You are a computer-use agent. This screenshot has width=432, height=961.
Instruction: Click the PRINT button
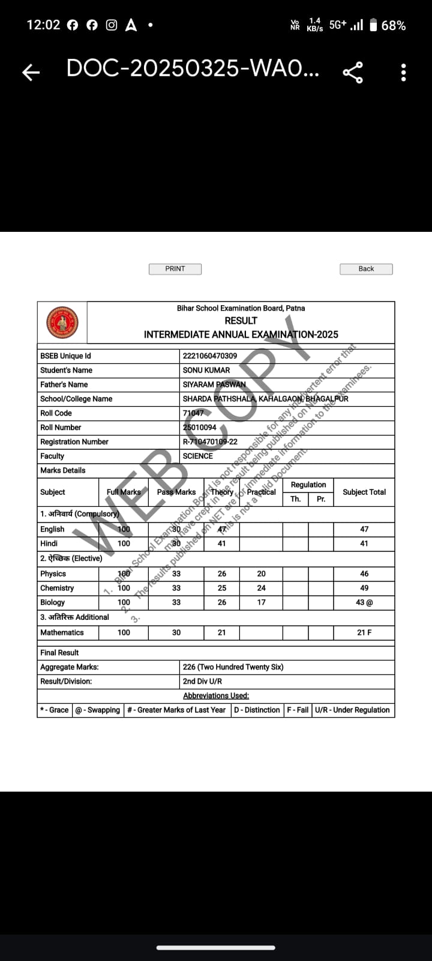(175, 269)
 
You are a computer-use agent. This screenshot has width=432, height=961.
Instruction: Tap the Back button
(366, 269)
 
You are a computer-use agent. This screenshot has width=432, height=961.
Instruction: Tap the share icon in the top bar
(353, 72)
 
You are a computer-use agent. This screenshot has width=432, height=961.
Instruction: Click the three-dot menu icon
(403, 72)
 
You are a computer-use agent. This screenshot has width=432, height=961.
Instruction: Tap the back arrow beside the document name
(31, 73)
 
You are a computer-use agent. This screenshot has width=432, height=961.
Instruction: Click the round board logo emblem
(62, 323)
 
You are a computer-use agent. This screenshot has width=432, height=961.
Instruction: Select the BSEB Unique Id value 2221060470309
(210, 356)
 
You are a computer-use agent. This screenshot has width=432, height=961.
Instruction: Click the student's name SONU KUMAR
(206, 370)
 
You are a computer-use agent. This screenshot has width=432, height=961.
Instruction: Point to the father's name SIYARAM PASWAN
(214, 384)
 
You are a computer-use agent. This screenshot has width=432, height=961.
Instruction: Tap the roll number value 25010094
(200, 428)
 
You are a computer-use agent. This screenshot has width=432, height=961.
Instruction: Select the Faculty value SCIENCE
(198, 456)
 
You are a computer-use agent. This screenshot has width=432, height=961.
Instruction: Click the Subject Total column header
(364, 492)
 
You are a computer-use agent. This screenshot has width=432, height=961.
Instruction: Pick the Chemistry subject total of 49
(364, 588)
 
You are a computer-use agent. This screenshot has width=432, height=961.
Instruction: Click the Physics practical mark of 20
(261, 574)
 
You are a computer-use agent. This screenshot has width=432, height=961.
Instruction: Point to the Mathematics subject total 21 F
(364, 632)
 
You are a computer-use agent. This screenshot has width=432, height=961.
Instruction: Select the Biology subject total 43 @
(364, 602)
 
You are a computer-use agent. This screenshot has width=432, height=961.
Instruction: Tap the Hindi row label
(49, 544)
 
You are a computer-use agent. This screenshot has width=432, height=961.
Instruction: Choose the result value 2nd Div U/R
(202, 681)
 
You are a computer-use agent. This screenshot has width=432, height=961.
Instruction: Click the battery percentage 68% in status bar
(393, 25)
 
